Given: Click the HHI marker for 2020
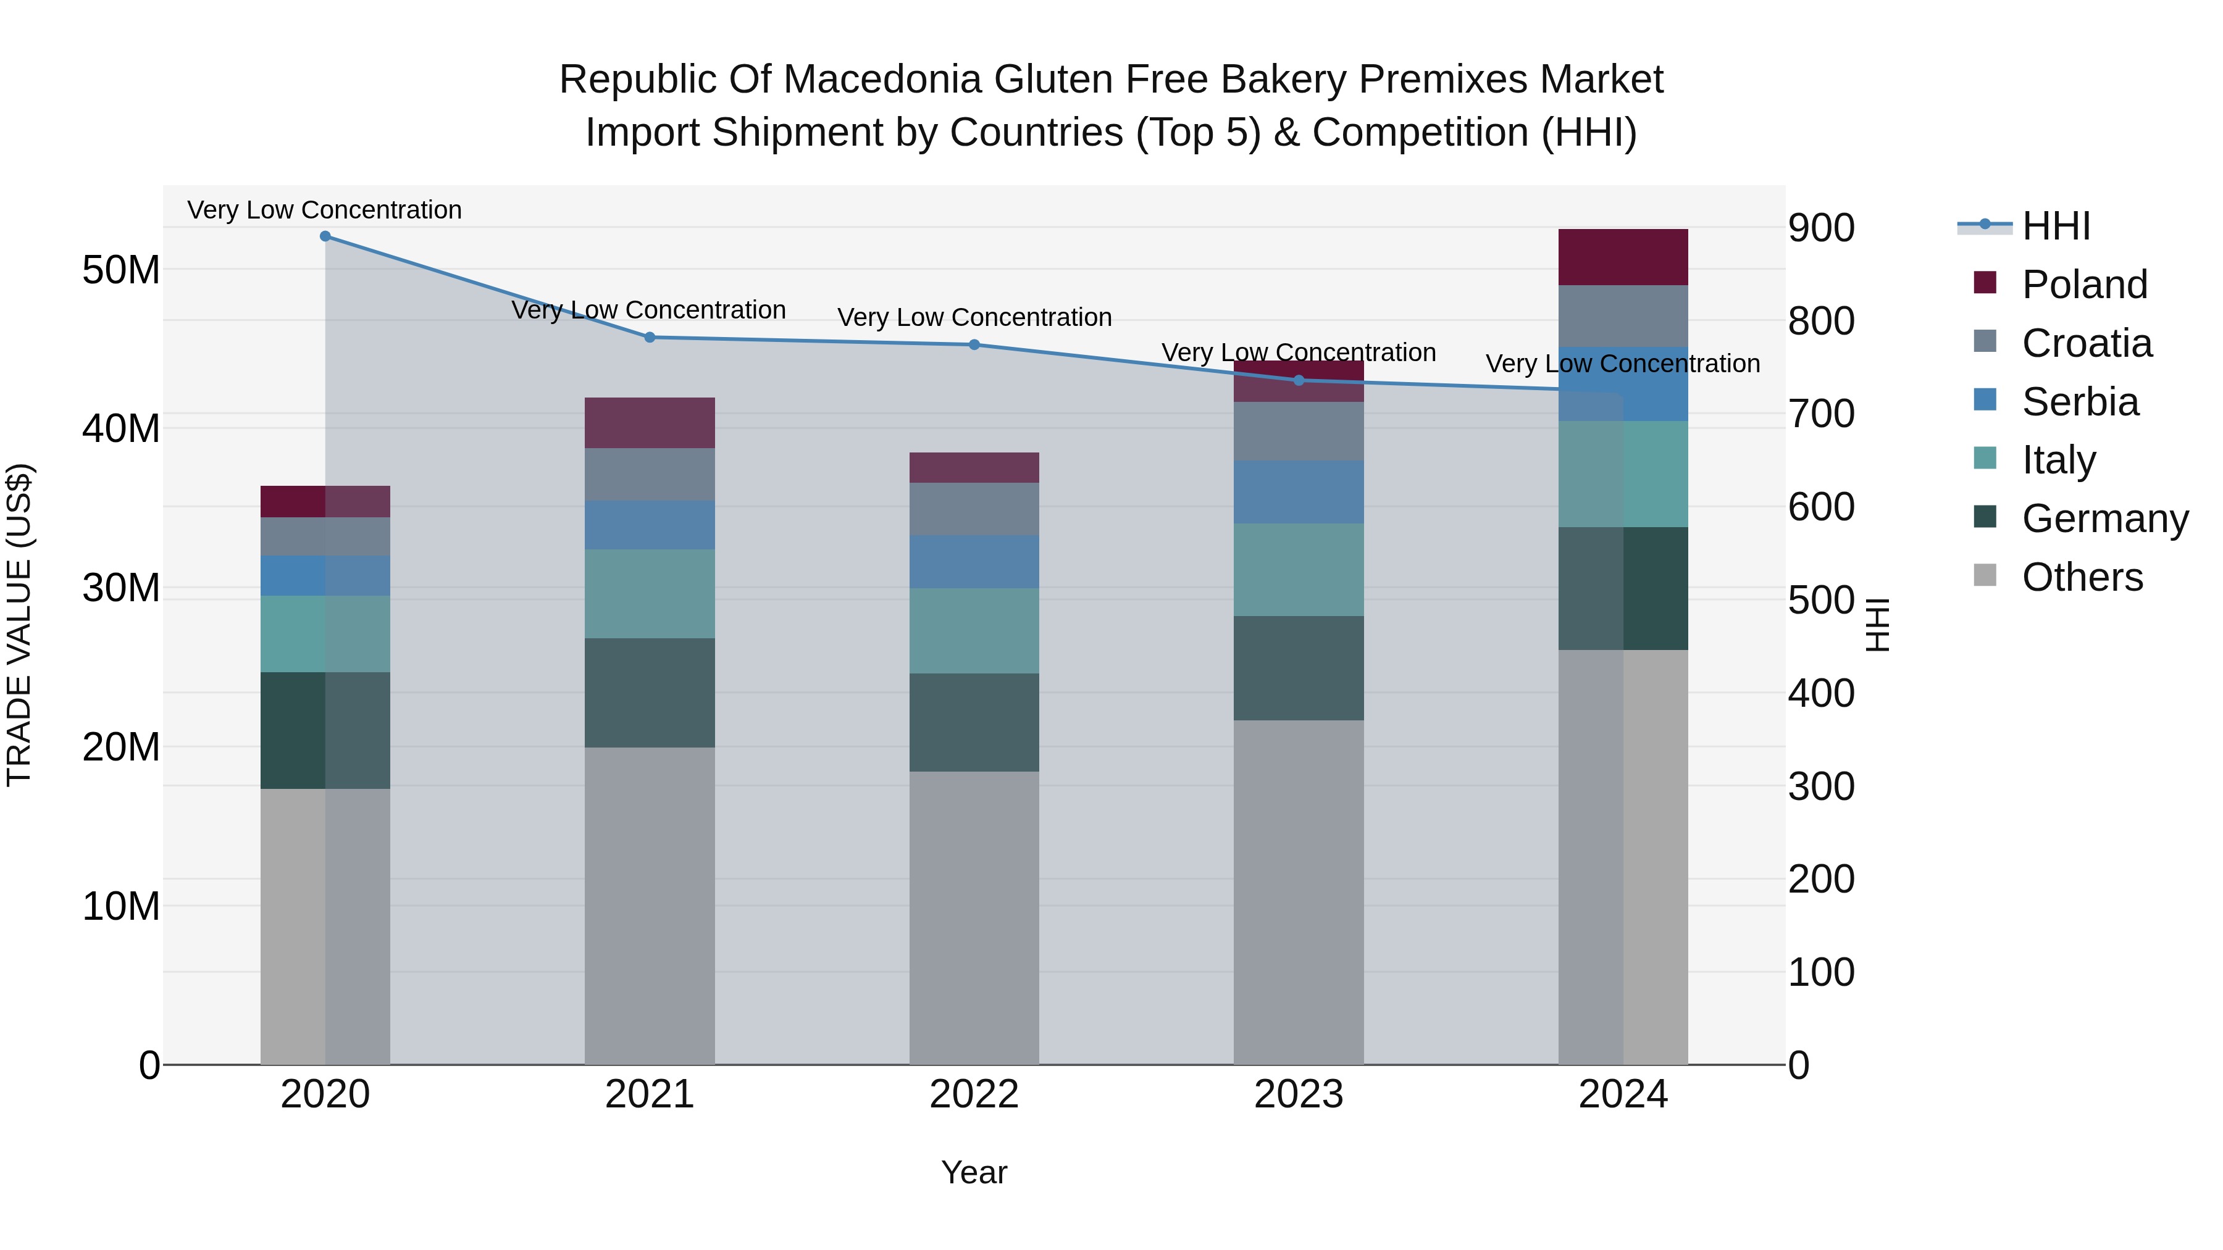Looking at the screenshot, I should pos(325,236).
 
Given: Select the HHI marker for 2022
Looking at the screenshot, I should pos(974,345).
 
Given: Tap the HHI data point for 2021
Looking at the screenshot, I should pos(650,337).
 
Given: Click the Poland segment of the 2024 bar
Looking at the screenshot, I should pos(1623,257).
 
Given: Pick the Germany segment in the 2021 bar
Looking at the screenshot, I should pos(650,693).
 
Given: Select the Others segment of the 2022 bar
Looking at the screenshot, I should pos(974,918).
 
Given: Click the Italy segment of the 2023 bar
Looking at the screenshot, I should pos(1299,569).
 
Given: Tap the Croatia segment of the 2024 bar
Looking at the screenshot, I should pos(1623,315).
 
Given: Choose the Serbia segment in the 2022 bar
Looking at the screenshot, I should pos(974,562).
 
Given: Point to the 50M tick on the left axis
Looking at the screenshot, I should pos(121,270).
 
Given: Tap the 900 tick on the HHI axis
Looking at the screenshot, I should pos(1821,228).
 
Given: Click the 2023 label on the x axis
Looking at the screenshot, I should pos(1299,1094).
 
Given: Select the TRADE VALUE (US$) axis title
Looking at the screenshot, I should pos(19,625).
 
